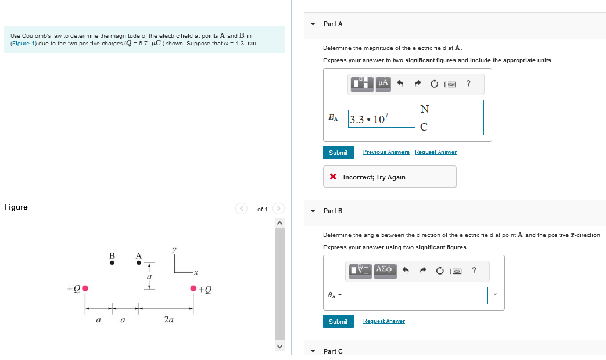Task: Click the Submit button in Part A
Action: [x=338, y=153]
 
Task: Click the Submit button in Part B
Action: [x=338, y=322]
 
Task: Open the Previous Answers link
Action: [x=386, y=152]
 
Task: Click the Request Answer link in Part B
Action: [x=383, y=321]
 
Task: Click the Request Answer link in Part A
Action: [x=435, y=152]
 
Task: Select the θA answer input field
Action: [x=417, y=296]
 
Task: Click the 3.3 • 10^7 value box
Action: [x=381, y=119]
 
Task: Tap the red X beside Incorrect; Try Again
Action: [x=333, y=177]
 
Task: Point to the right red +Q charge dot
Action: [x=193, y=289]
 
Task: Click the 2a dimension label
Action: [x=168, y=319]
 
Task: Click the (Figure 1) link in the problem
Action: [x=23, y=44]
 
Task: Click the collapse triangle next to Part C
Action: [x=313, y=351]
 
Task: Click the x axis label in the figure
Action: [x=196, y=272]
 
